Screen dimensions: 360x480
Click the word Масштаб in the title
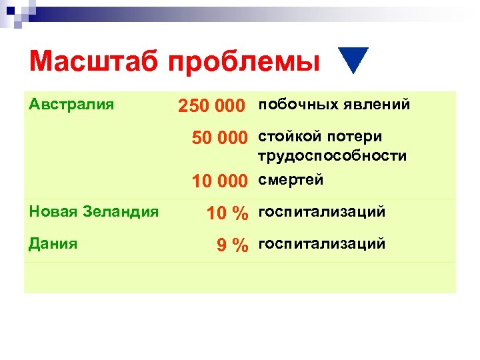click(94, 62)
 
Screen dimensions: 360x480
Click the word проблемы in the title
click(243, 63)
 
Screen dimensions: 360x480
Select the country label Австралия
click(71, 105)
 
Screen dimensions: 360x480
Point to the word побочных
click(298, 105)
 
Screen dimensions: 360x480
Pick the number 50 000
click(219, 137)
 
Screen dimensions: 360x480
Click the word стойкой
click(289, 137)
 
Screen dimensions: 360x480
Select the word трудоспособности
click(332, 156)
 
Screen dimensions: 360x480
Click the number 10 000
click(219, 181)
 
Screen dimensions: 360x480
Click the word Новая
click(51, 212)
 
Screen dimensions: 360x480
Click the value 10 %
click(227, 213)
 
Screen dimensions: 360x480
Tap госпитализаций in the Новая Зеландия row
click(322, 212)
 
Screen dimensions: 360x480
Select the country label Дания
click(53, 243)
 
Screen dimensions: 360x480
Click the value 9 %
click(233, 245)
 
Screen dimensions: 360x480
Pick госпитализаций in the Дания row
click(322, 244)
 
